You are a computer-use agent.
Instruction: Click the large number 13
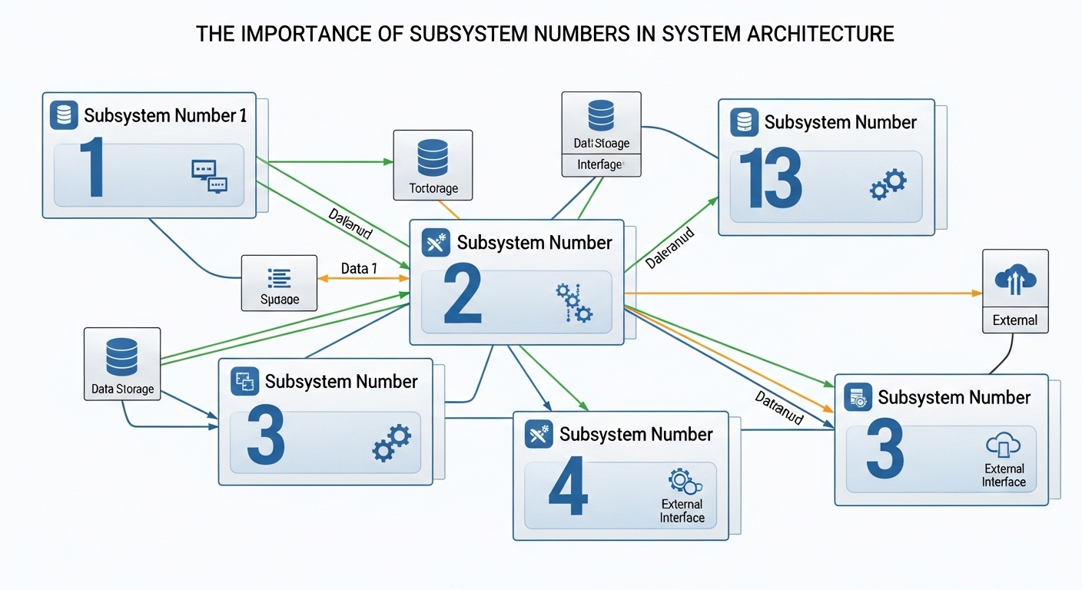770,180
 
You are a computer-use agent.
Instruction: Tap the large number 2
463,297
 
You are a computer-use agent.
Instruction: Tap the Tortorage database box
432,165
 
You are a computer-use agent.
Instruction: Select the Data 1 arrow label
359,268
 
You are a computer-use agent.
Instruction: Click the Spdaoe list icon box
279,283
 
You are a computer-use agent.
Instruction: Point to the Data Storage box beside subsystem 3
122,364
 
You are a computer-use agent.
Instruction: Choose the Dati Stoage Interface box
601,134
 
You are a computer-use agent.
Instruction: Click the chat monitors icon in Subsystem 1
209,176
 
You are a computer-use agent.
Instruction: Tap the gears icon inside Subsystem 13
888,185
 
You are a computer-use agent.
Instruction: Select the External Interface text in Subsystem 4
682,511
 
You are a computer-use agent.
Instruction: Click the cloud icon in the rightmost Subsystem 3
1002,446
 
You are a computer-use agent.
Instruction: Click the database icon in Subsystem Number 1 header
65,115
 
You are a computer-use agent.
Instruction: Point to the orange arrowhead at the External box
977,293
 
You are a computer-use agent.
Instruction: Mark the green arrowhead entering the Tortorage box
388,161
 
